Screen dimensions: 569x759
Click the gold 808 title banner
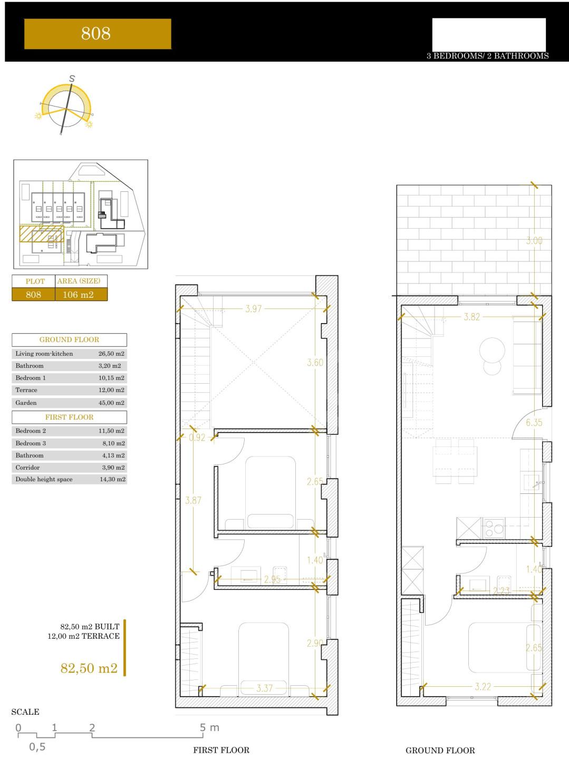pos(98,34)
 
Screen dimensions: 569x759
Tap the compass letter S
pos(72,79)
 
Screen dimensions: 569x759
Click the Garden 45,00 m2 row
pos(69,403)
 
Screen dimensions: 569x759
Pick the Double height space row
pos(69,479)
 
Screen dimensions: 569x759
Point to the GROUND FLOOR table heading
pos(69,339)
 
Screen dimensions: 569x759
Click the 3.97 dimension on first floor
pos(253,308)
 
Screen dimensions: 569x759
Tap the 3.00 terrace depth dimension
pos(534,240)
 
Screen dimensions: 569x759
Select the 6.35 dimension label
pos(534,422)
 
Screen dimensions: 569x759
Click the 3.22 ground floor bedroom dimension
pos(483,686)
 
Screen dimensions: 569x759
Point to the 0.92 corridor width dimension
pos(197,437)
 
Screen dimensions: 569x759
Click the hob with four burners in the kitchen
pos(494,528)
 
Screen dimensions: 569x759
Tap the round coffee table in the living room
pos(492,350)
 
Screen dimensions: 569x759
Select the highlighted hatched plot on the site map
pos(42,233)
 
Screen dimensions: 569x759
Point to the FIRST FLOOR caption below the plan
pos(221,750)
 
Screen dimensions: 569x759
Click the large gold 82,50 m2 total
pos(89,668)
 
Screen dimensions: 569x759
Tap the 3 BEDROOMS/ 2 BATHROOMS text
pos(487,56)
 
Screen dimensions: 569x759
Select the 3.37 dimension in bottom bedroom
pos(264,688)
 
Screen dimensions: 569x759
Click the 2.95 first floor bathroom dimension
pos(272,579)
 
